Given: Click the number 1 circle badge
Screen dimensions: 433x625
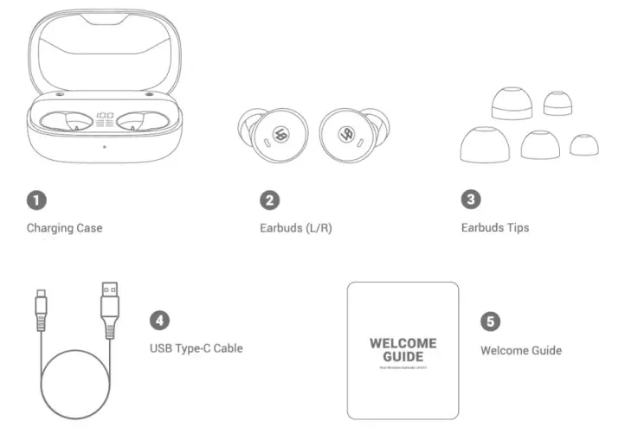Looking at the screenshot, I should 36,201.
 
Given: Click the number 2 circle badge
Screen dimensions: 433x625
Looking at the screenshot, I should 270,201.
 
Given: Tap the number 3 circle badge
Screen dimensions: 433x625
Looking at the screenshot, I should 470,200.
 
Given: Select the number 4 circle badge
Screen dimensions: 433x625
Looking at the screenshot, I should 159,320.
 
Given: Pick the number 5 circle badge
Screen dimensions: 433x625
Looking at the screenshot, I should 490,322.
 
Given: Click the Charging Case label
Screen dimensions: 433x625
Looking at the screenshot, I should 64,229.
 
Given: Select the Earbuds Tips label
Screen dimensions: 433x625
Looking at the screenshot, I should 494,228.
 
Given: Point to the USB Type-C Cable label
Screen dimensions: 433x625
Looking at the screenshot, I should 196,348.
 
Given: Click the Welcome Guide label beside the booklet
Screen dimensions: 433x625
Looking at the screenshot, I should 520,350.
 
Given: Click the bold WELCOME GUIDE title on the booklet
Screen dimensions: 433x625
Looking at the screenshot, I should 403,350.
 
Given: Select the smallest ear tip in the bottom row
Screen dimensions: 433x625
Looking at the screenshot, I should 583,144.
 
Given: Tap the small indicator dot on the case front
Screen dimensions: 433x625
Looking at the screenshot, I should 105,145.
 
